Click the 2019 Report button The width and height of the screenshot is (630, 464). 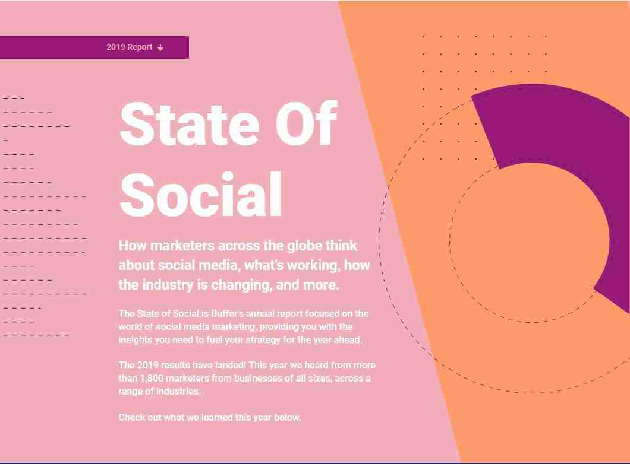click(94, 47)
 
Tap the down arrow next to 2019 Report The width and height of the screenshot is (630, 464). click(160, 47)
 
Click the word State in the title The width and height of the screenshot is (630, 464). click(189, 124)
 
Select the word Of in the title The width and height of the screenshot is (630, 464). click(306, 124)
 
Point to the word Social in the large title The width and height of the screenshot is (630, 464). click(201, 195)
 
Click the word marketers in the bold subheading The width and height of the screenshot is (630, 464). click(182, 246)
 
